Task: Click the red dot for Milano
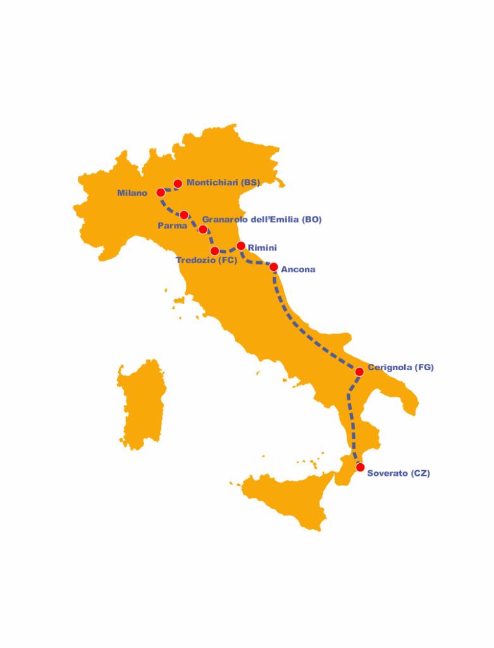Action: [x=161, y=192]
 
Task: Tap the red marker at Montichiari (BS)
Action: [x=178, y=184]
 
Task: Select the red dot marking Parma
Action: [x=184, y=215]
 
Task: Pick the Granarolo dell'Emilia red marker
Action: [x=203, y=229]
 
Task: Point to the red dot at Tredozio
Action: [x=215, y=251]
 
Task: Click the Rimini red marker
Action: [x=241, y=246]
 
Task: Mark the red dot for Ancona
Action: [x=274, y=267]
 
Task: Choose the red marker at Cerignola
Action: [x=359, y=371]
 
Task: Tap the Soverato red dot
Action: [x=361, y=468]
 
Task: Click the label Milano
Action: [x=132, y=193]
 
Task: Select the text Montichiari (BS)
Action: [x=223, y=183]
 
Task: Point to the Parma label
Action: [x=172, y=226]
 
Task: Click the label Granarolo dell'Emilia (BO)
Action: [x=262, y=220]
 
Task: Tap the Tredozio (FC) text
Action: [x=206, y=260]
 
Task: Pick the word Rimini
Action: [x=262, y=247]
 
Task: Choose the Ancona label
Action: [x=298, y=270]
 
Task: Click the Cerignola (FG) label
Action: [x=401, y=367]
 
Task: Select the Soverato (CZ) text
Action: [x=398, y=473]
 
